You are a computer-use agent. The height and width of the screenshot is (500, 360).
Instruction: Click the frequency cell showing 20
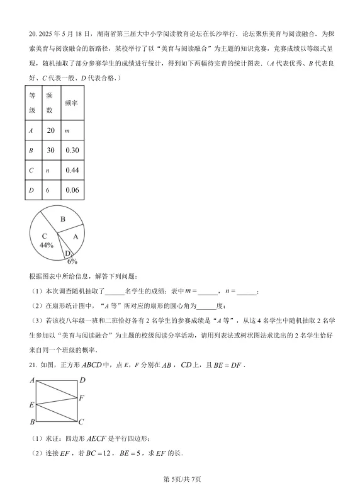point(51,130)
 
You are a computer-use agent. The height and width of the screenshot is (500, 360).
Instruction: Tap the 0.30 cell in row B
point(72,150)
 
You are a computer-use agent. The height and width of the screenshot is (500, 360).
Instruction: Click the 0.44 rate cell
point(72,170)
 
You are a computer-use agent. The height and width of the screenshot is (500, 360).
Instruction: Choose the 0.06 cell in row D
point(72,190)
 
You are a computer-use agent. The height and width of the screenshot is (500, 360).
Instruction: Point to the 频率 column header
point(71,102)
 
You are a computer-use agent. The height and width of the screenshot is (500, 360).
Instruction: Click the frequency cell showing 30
point(51,150)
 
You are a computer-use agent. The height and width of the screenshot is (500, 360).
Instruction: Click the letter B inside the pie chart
point(62,219)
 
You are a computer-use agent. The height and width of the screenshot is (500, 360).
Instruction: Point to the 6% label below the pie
point(72,261)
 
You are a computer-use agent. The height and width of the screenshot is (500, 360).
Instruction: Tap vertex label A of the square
point(31,381)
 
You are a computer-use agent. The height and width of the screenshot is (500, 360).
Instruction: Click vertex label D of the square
point(82,380)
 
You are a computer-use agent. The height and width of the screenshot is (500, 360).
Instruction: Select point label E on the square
point(31,404)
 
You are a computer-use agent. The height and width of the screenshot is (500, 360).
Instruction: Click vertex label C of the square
point(82,421)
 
